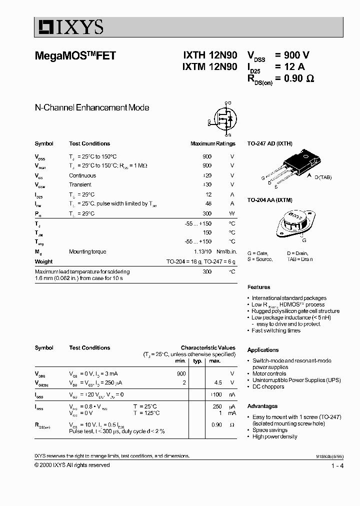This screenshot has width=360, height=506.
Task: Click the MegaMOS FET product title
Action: point(75,56)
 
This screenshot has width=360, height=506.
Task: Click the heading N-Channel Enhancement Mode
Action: point(92,107)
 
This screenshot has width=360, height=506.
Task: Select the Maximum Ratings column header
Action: point(212,143)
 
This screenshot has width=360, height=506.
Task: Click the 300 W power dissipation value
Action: point(207,213)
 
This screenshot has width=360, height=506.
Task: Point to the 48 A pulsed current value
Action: point(208,204)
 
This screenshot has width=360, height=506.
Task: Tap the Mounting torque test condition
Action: point(87,252)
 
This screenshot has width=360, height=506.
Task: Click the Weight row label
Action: point(43,261)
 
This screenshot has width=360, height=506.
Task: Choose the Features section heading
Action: point(258,287)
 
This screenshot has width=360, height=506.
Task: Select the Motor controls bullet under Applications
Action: point(269,373)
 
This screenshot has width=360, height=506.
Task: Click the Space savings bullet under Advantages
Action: point(269,430)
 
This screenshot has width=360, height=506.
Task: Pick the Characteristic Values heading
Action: point(207,347)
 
